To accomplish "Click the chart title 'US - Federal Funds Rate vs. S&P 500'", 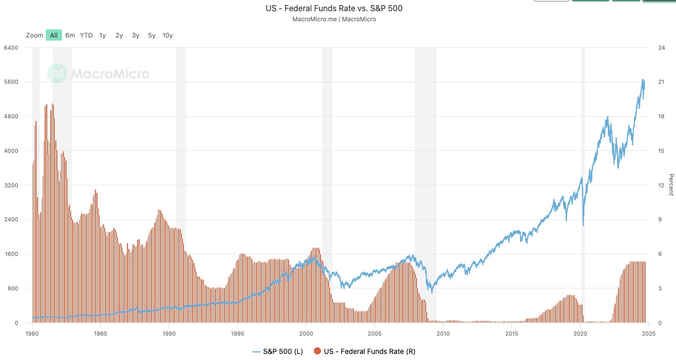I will pos(334,9).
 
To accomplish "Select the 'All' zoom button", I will pos(53,35).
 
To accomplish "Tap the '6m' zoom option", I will pos(70,35).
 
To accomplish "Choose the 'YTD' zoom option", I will pos(86,35).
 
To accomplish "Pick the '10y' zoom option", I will pos(168,35).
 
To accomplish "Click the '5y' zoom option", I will pos(152,35).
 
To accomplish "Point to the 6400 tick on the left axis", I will pos(11,48).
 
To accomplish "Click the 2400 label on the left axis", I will pos(11,220).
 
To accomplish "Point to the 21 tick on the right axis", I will pos(662,82).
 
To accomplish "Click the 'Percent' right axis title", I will pos(670,185).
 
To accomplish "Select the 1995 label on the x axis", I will pos(238,334).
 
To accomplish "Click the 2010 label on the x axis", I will pos(443,334).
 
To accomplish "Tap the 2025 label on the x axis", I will pos(648,334).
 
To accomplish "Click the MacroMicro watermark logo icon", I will pos(57,74).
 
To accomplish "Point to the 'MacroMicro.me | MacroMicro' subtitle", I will pos(334,19).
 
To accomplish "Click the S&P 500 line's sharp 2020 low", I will pos(583,225).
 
